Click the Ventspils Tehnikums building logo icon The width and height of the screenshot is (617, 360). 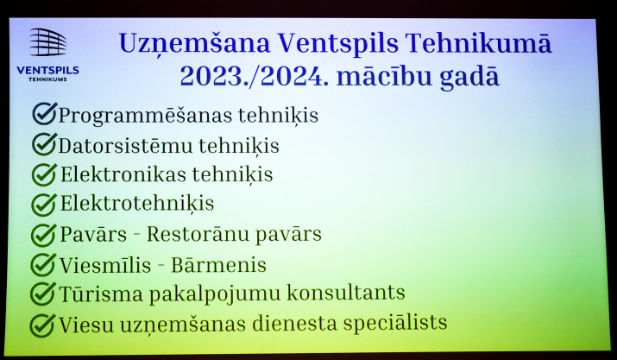(48, 42)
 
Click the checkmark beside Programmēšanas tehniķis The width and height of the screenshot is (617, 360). (45, 113)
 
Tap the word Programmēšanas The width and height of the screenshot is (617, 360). (145, 116)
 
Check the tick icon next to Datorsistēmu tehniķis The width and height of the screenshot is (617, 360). (45, 144)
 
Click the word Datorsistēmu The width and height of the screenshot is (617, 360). (125, 145)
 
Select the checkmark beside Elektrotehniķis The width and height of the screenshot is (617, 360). (44, 205)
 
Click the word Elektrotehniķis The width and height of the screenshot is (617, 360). (137, 204)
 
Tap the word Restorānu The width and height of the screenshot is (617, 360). (198, 235)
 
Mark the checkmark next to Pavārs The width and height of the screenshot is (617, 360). (43, 235)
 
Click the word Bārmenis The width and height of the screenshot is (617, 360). (219, 265)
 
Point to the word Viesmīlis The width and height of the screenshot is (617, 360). (105, 265)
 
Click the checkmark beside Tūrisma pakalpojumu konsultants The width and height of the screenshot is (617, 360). (43, 294)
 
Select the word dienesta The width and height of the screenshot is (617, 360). (295, 324)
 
